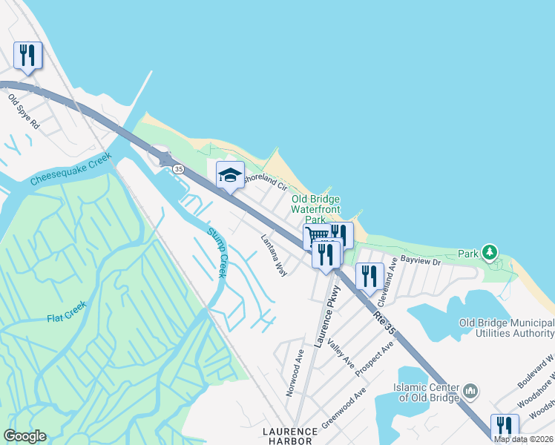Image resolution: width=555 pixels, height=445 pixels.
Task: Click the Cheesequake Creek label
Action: [x=70, y=169]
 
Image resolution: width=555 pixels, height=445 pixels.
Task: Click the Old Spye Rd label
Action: [x=24, y=111]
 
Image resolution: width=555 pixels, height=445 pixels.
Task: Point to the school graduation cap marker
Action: [x=230, y=175]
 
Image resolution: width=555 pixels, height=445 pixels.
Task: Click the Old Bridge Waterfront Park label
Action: [x=316, y=209]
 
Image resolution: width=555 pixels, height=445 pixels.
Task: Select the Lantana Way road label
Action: [x=274, y=256]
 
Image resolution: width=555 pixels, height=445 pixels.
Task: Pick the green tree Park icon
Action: [x=489, y=253]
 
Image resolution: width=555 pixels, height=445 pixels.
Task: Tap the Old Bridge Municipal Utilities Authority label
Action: [x=507, y=329]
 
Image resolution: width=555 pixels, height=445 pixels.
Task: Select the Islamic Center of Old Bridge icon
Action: [x=470, y=390]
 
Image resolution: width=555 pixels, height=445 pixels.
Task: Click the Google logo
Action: [x=24, y=436]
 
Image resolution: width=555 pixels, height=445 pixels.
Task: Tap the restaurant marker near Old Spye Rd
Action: [x=27, y=54]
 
